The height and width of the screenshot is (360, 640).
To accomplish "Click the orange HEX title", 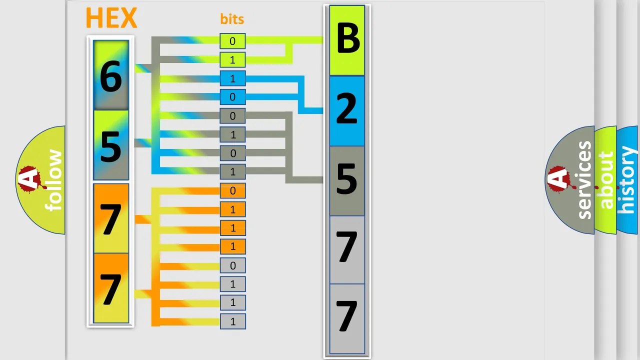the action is pyautogui.click(x=111, y=18).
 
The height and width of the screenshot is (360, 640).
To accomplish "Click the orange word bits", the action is pyautogui.click(x=232, y=19).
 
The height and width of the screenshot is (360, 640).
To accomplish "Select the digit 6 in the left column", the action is pyautogui.click(x=111, y=76).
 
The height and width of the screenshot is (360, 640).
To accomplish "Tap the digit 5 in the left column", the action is pyautogui.click(x=111, y=146).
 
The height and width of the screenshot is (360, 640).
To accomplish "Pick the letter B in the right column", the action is pyautogui.click(x=347, y=38).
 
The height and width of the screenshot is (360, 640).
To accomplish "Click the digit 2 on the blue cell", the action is pyautogui.click(x=347, y=109).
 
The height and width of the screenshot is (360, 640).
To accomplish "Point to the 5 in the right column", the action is pyautogui.click(x=347, y=179).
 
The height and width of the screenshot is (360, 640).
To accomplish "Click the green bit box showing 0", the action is pyautogui.click(x=232, y=41).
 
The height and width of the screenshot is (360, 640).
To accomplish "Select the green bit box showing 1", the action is pyautogui.click(x=232, y=60).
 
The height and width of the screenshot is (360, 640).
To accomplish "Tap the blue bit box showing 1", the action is pyautogui.click(x=232, y=78).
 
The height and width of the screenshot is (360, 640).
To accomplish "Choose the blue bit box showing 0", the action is pyautogui.click(x=232, y=97).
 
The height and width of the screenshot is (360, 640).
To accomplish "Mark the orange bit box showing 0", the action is pyautogui.click(x=232, y=190).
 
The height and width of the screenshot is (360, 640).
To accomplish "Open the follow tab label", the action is pyautogui.click(x=53, y=180).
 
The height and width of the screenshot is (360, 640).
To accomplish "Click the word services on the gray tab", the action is pyautogui.click(x=584, y=180).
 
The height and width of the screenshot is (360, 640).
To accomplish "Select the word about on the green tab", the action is pyautogui.click(x=606, y=180).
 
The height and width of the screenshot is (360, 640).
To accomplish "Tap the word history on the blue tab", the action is pyautogui.click(x=627, y=180).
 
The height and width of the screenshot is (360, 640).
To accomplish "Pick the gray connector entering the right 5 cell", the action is pyautogui.click(x=304, y=179).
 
